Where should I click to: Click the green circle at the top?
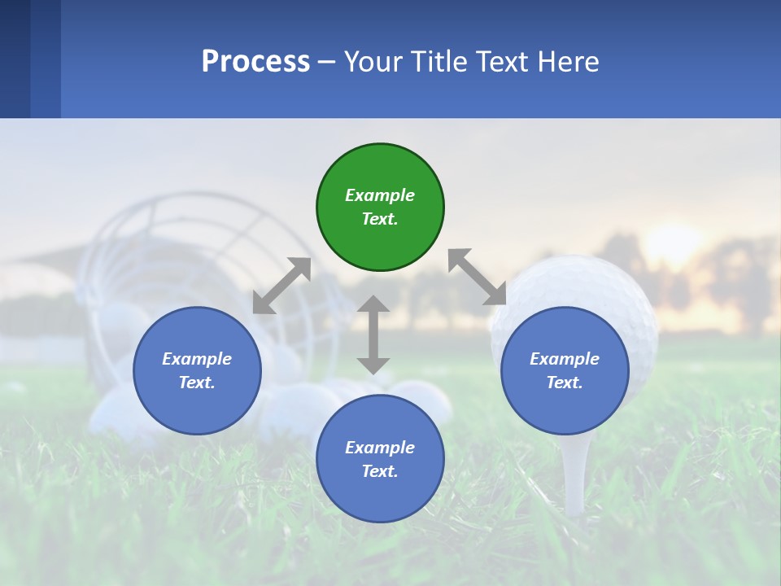(x=380, y=208)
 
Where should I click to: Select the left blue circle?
(x=197, y=371)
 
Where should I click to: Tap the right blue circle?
(x=565, y=371)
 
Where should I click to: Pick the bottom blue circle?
(x=380, y=459)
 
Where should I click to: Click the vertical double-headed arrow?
(x=373, y=335)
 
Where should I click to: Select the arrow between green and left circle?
(x=281, y=286)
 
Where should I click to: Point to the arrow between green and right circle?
(x=478, y=277)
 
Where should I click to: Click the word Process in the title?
(x=255, y=62)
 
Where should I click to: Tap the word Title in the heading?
(x=439, y=62)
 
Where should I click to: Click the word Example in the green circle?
(x=380, y=195)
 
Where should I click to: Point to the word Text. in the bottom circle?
(x=380, y=471)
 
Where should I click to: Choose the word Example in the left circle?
(x=197, y=359)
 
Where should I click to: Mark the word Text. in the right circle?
(x=565, y=383)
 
